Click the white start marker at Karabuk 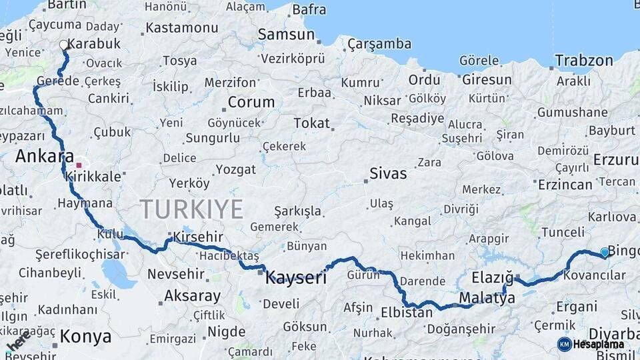(64, 45)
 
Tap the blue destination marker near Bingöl (605, 252)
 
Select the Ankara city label (44, 157)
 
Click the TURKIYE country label (191, 209)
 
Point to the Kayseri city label (296, 277)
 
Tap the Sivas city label (388, 174)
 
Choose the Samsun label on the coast (286, 35)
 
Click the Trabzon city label (584, 61)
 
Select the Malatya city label (487, 298)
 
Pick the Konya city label (85, 337)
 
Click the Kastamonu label (181, 28)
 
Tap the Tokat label (312, 123)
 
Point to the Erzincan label (565, 185)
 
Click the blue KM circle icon (564, 344)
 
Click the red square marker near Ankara (79, 165)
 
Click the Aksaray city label (192, 295)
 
